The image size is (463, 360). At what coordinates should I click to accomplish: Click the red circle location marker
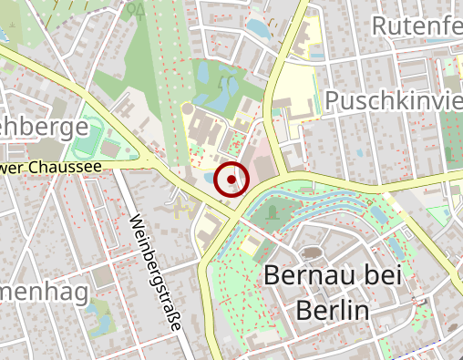(x=231, y=179)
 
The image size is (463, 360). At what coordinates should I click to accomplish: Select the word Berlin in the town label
(x=332, y=311)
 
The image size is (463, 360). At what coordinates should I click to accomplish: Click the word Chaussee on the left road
(x=69, y=168)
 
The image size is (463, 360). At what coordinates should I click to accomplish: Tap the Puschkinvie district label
(x=393, y=99)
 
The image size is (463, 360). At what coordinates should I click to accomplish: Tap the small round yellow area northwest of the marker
(x=190, y=109)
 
